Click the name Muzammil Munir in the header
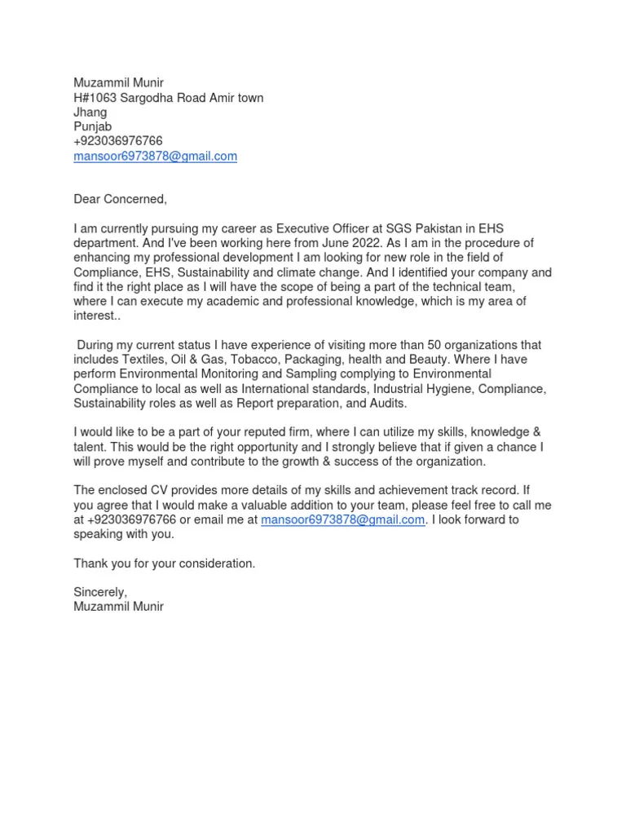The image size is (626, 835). click(x=119, y=83)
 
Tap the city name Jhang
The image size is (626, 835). click(x=90, y=113)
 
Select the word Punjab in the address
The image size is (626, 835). click(x=93, y=127)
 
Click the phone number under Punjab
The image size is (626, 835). click(x=118, y=141)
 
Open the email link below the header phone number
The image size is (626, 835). click(x=155, y=156)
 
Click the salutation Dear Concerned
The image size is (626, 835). click(x=120, y=199)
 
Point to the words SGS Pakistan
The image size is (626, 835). click(x=398, y=228)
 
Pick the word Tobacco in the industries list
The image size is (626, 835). click(x=245, y=360)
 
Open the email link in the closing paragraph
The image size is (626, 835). click(x=342, y=520)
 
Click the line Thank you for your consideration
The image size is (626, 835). click(x=164, y=563)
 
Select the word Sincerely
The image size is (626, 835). click(x=100, y=593)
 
